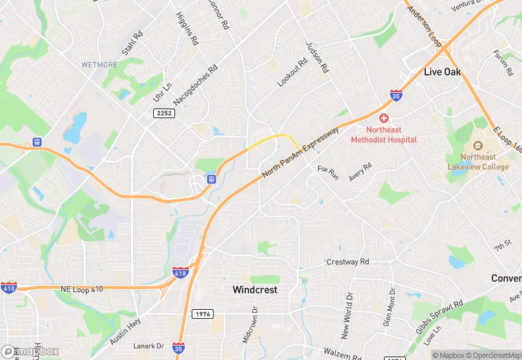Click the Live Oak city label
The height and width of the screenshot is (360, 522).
tap(442, 72)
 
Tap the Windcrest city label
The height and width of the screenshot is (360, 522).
tap(255, 290)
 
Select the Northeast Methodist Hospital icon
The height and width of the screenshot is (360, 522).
tap(384, 119)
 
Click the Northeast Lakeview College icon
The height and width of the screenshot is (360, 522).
tap(476, 147)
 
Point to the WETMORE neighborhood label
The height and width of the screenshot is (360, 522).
tap(100, 65)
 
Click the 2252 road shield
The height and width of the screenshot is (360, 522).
tap(165, 113)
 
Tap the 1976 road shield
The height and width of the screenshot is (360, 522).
tap(204, 314)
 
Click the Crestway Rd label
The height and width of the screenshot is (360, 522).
tap(348, 262)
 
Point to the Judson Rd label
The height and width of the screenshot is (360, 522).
tap(319, 58)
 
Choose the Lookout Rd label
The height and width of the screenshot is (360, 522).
tap(291, 71)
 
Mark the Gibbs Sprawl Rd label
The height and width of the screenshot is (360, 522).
tap(440, 313)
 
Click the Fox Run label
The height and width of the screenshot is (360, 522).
tap(328, 172)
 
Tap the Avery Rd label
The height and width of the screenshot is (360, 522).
tap(359, 172)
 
